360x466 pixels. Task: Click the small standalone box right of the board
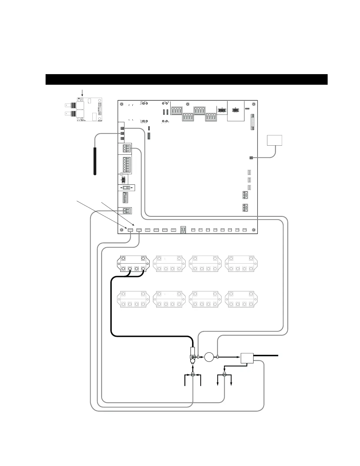(x=274, y=140)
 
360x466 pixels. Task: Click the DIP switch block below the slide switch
(x=125, y=197)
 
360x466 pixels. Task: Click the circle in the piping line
(x=209, y=357)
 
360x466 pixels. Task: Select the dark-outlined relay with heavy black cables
(x=133, y=264)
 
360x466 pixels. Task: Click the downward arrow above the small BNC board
(x=82, y=93)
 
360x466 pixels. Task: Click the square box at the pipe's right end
(x=247, y=358)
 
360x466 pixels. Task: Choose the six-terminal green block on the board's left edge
(x=127, y=165)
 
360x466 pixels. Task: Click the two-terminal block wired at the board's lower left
(x=126, y=211)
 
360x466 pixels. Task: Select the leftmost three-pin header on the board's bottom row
(x=130, y=230)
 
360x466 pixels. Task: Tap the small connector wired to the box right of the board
(x=251, y=158)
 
